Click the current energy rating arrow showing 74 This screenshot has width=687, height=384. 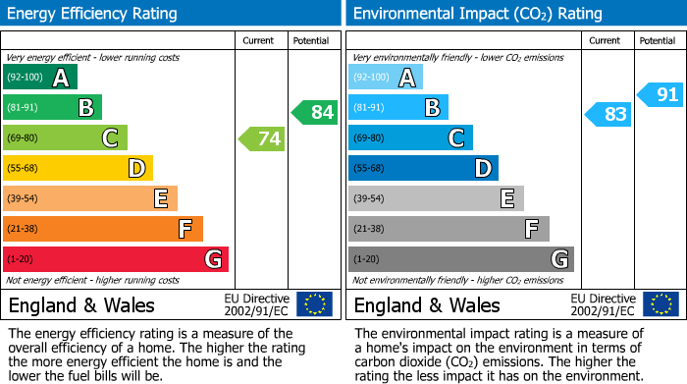click(262, 138)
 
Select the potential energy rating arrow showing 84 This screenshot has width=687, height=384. click(315, 112)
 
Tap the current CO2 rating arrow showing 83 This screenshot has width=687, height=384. click(608, 114)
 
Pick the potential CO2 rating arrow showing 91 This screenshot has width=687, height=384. click(661, 95)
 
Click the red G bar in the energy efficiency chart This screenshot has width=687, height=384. click(116, 259)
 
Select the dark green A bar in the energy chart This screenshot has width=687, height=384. click(40, 78)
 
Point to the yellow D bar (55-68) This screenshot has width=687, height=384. click(78, 169)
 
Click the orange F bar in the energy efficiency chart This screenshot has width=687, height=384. click(103, 229)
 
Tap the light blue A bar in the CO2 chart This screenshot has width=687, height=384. click(386, 78)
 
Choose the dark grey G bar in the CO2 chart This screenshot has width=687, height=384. click(460, 259)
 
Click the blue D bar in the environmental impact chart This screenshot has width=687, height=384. click(423, 169)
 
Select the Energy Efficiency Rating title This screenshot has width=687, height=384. click(93, 14)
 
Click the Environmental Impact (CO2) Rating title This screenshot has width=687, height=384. click(477, 14)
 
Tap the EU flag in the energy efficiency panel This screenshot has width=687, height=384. click(314, 303)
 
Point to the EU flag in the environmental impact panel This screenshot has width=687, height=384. click(661, 303)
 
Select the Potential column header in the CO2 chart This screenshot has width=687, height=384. click(658, 40)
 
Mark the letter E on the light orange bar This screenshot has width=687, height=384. click(160, 198)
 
